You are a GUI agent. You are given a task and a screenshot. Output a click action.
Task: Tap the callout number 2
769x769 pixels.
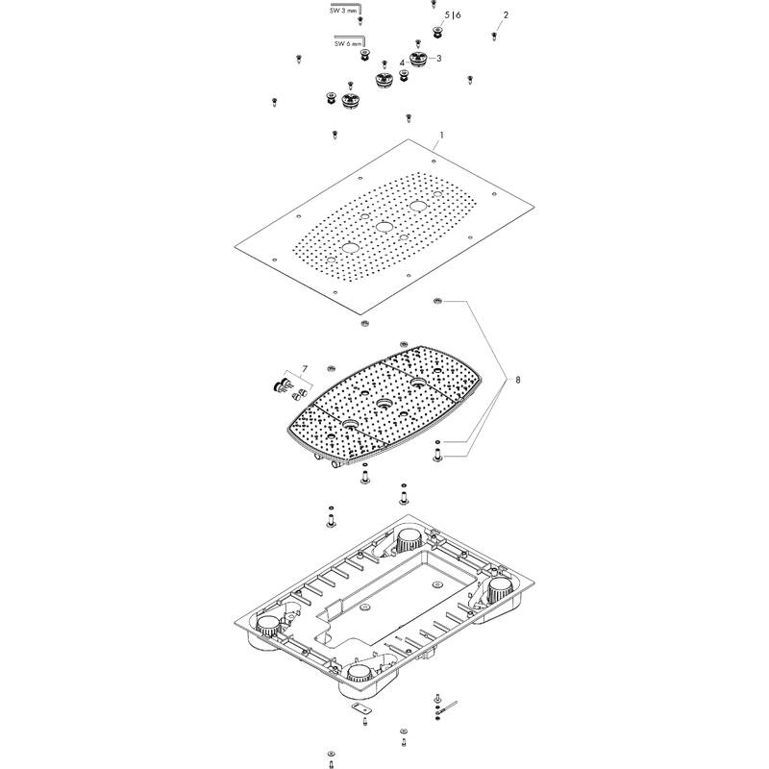(507, 15)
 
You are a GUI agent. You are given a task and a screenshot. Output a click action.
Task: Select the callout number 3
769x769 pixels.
(438, 59)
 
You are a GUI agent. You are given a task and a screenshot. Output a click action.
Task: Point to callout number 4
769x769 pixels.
(402, 62)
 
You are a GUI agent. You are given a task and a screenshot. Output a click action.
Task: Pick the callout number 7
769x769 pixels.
(304, 369)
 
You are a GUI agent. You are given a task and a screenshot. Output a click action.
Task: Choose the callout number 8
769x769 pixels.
(520, 381)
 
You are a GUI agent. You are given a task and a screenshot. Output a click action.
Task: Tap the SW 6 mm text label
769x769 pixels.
(349, 43)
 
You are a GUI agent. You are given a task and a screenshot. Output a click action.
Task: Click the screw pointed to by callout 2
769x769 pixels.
(493, 36)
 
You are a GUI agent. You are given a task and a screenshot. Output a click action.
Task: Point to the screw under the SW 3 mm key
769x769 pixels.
(360, 20)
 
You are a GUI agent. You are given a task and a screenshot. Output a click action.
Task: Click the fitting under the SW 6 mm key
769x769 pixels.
(365, 55)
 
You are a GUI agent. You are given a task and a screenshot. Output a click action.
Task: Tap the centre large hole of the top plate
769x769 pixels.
(384, 227)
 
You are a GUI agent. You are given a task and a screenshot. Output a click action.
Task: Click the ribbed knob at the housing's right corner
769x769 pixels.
(500, 588)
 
